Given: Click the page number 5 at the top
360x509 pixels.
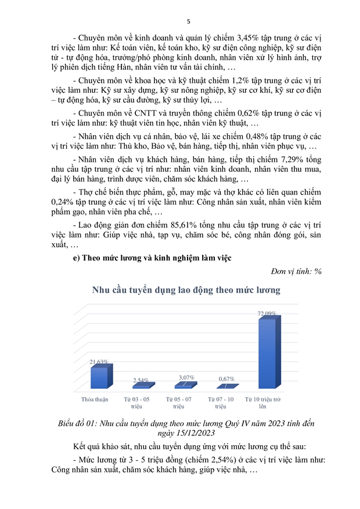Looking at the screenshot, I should coord(180,21).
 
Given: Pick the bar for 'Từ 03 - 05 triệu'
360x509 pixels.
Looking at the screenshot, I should coord(141,385).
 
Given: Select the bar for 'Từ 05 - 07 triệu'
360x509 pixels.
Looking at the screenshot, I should coord(185,385).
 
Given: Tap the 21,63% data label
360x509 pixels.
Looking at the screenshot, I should coord(99,362).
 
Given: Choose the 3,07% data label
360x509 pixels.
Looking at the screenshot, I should coord(186,377).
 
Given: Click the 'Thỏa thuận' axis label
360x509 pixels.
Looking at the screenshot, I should coord(97,400).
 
